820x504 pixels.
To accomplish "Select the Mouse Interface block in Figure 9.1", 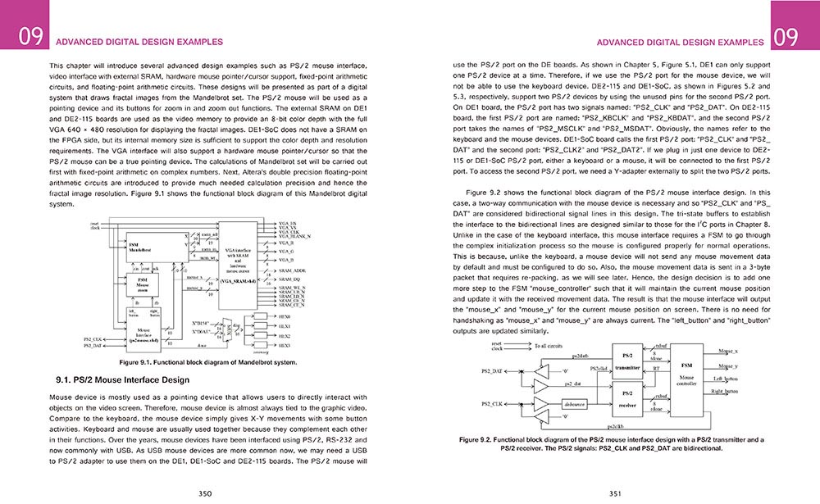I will coord(143,332).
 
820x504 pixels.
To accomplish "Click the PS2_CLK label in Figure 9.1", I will coord(94,338).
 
